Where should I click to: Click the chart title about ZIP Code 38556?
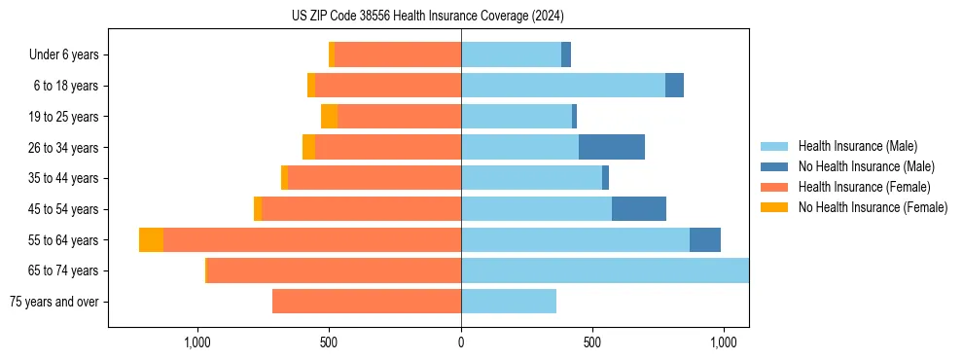coord(428,16)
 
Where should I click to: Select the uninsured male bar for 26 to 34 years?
coord(611,147)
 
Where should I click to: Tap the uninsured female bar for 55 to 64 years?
coord(151,239)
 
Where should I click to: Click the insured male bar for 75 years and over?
coord(509,302)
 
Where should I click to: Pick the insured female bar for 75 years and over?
coord(367,302)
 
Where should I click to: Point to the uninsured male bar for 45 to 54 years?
coord(639,208)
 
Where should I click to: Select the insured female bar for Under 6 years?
coord(398,54)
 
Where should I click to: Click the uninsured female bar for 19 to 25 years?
coord(329,117)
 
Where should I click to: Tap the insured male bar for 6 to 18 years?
coord(563,86)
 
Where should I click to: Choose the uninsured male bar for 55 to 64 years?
coord(705,239)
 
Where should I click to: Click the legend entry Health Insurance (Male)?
coord(857,146)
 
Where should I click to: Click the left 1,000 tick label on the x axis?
coord(197,342)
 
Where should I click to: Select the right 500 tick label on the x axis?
coord(592,342)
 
